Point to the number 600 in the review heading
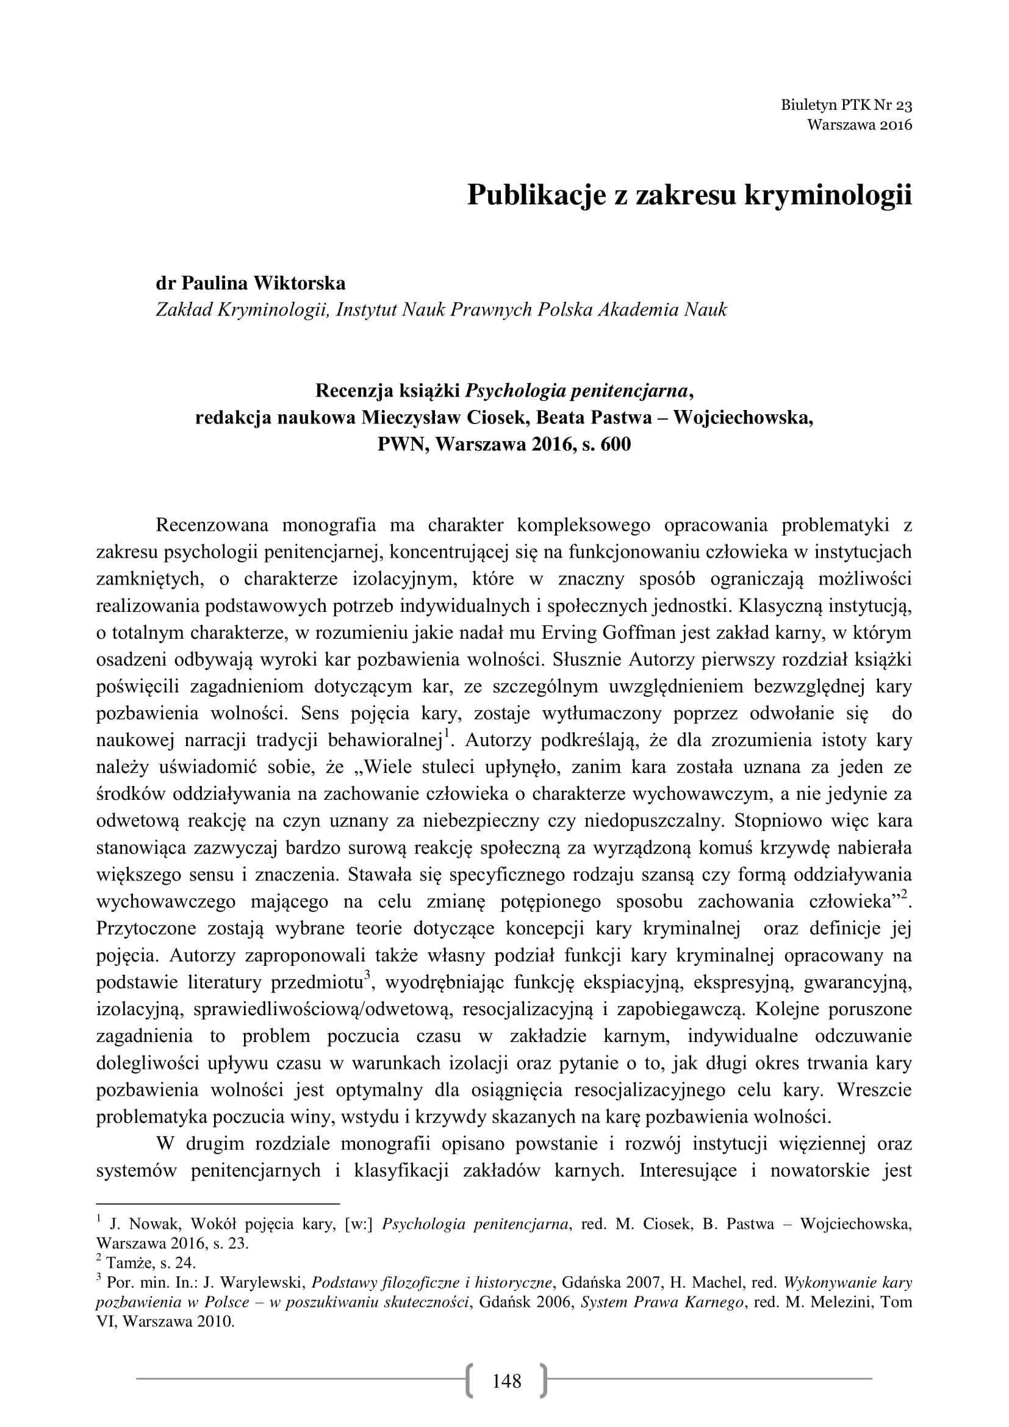(615, 445)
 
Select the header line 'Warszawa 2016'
(860, 124)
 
